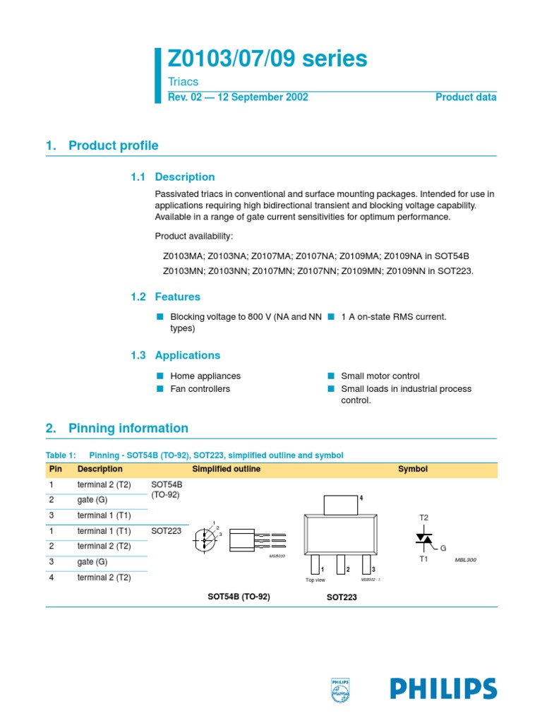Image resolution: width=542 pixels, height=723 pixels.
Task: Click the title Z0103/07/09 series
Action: tap(267, 59)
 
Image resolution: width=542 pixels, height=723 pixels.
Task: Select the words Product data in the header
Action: tap(466, 97)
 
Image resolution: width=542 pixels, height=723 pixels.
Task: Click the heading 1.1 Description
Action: tap(173, 177)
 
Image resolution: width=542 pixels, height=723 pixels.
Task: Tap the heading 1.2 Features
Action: tap(167, 297)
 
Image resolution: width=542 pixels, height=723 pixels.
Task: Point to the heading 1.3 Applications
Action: tap(176, 356)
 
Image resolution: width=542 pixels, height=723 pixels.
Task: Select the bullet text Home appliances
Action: tap(205, 376)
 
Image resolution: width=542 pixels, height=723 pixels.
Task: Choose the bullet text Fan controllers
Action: tap(200, 389)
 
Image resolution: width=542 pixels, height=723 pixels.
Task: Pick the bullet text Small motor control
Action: tap(380, 376)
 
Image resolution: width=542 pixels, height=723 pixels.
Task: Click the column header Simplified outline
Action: tap(226, 470)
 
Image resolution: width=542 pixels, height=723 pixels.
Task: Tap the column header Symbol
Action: tap(413, 470)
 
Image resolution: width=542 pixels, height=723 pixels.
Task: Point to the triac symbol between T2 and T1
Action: tap(424, 539)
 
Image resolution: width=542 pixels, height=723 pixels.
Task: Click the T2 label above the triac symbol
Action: tap(424, 518)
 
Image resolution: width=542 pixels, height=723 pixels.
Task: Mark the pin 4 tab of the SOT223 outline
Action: tap(340, 505)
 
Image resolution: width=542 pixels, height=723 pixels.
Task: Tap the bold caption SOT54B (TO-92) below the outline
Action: tap(239, 597)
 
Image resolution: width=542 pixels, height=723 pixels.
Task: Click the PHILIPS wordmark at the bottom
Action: tap(443, 688)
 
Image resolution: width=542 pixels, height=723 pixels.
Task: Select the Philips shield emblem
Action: tap(340, 690)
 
